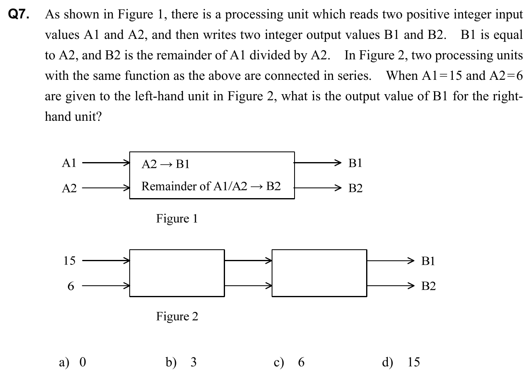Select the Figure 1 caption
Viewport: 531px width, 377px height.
(177, 219)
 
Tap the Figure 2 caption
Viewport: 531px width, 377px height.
(177, 316)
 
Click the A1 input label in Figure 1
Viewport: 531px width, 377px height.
(69, 163)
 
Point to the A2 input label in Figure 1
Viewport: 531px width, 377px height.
(69, 188)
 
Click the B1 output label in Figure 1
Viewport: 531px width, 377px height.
(355, 163)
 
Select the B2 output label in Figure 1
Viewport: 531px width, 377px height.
(355, 188)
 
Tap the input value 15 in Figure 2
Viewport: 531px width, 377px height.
(70, 261)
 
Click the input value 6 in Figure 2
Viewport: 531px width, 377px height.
(71, 286)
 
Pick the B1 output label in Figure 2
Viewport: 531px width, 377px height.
(428, 261)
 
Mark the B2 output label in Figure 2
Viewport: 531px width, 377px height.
(428, 286)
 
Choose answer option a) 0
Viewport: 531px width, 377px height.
(73, 362)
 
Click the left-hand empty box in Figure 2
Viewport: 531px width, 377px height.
(177, 273)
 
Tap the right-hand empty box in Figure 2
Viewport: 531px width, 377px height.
(319, 273)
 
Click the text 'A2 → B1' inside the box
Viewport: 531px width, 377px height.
(165, 165)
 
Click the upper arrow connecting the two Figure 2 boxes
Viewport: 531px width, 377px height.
(248, 260)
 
